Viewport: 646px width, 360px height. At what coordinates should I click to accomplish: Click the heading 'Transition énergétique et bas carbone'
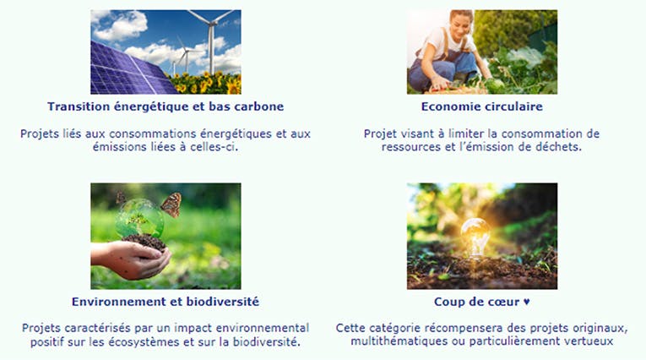166,106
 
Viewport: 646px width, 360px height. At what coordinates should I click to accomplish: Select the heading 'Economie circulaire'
481,106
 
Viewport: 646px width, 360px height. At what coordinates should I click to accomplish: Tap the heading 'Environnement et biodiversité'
166,302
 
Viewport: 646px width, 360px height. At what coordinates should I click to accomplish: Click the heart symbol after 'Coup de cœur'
527,302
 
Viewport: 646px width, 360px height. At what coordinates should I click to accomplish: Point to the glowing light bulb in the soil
475,237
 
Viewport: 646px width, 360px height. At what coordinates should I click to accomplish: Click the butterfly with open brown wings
171,205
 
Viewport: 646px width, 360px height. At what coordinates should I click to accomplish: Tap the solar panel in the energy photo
128,70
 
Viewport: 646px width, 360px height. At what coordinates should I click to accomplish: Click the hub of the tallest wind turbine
211,24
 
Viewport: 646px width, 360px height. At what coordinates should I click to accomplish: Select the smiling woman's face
461,25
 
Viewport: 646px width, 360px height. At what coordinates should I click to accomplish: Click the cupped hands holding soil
132,259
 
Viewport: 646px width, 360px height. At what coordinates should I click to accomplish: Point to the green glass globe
140,219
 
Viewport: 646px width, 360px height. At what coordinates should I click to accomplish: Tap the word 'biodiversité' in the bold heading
222,302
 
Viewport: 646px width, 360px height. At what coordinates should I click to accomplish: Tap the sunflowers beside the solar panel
205,83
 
